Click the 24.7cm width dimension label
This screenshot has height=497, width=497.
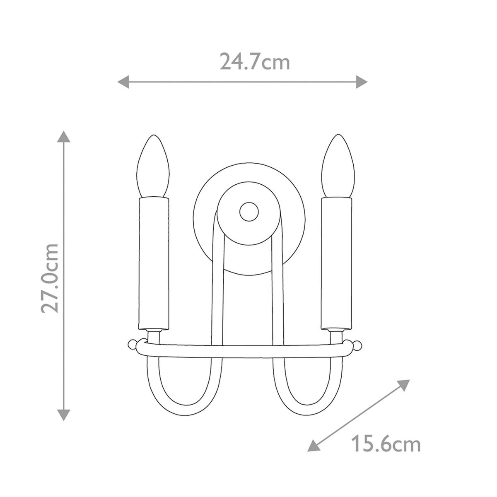tap(254, 62)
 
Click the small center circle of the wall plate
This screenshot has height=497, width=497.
tap(249, 212)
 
